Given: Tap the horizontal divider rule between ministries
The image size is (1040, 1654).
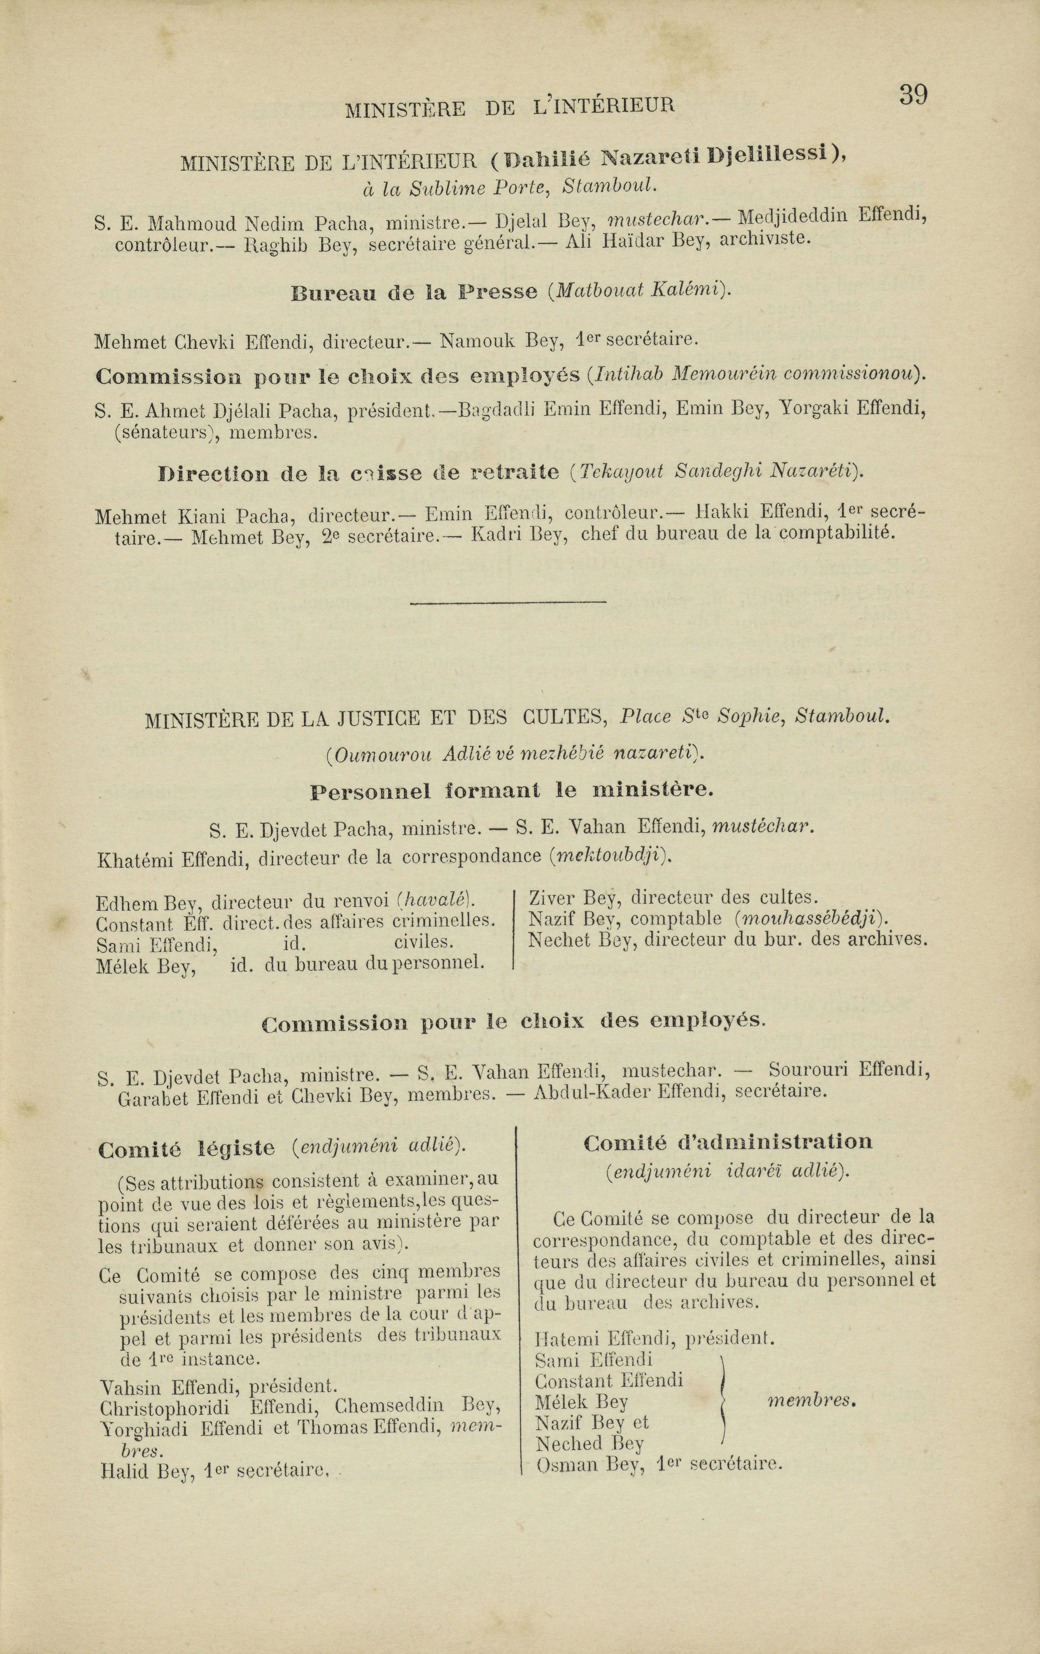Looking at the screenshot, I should coord(508,602).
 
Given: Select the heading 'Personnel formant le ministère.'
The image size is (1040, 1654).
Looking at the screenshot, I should coord(511,791).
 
